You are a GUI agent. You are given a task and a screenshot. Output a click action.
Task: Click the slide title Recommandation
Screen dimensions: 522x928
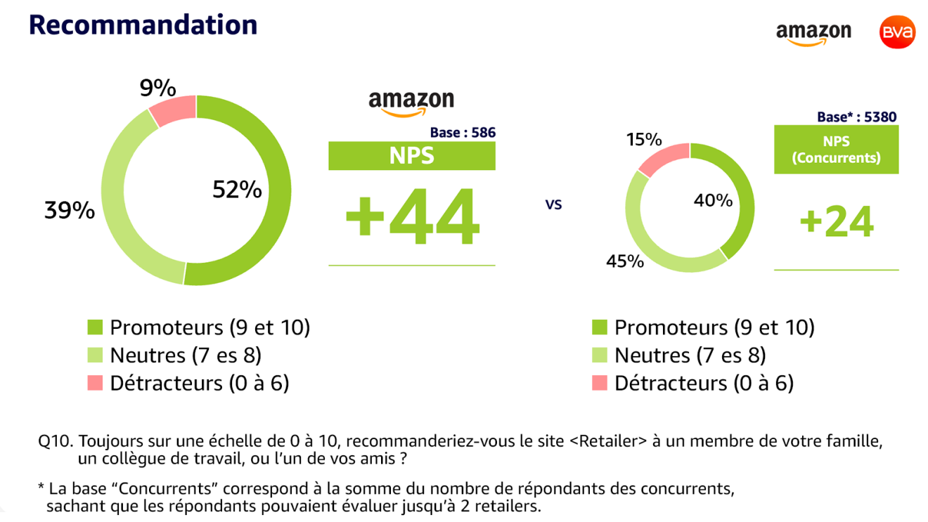pyautogui.click(x=143, y=25)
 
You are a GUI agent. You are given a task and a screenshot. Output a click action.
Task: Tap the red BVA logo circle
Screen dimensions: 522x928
pyautogui.click(x=897, y=32)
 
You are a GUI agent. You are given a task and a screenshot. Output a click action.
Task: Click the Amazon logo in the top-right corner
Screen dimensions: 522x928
pyautogui.click(x=813, y=33)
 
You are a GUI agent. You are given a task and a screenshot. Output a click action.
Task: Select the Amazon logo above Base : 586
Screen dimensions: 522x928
pyautogui.click(x=411, y=103)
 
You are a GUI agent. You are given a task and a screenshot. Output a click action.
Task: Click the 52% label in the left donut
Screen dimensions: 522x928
pyautogui.click(x=237, y=189)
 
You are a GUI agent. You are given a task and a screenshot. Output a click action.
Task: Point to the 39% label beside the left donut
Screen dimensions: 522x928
pyautogui.click(x=70, y=210)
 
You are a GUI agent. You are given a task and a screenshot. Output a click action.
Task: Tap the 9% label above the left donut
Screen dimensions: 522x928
pyautogui.click(x=157, y=89)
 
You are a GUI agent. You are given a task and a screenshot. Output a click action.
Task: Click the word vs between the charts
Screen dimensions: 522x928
pyautogui.click(x=554, y=205)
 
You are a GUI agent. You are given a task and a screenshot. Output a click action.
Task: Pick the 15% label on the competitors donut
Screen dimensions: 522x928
pyautogui.click(x=644, y=140)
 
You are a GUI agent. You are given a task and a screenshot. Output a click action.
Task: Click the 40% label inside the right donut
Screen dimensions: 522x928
pyautogui.click(x=713, y=201)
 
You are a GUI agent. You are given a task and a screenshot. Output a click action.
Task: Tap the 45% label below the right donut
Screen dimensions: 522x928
pyautogui.click(x=625, y=261)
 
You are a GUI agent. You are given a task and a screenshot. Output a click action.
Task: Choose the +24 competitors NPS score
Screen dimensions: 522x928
pyautogui.click(x=837, y=222)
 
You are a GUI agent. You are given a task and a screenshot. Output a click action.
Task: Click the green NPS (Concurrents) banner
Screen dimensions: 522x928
pyautogui.click(x=836, y=150)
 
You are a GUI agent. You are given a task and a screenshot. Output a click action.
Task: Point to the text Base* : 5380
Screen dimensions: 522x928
pyautogui.click(x=856, y=117)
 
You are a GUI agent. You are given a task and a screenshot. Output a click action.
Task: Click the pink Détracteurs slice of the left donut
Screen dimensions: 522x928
pyautogui.click(x=171, y=110)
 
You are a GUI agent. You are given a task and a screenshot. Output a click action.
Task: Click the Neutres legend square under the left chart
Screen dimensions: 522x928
pyautogui.click(x=95, y=355)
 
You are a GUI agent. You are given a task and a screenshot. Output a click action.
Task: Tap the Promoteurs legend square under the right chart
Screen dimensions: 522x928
pyautogui.click(x=600, y=327)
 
